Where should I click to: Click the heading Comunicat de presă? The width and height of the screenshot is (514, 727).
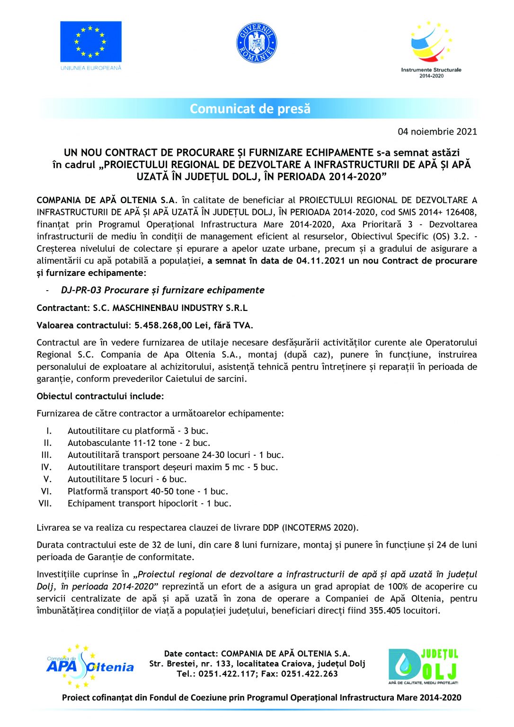[x=250, y=109]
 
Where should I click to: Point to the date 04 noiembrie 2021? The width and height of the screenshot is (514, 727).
[x=437, y=132]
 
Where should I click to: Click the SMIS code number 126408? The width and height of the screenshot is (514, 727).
[x=460, y=212]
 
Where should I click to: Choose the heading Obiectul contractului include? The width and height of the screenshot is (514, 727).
[x=100, y=396]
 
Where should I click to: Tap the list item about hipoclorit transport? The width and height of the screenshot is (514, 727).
[x=149, y=504]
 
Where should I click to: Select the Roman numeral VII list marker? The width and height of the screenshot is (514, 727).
[x=45, y=504]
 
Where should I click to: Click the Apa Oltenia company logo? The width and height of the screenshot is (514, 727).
[x=89, y=666]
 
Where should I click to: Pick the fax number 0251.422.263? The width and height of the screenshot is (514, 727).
[x=310, y=674]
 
